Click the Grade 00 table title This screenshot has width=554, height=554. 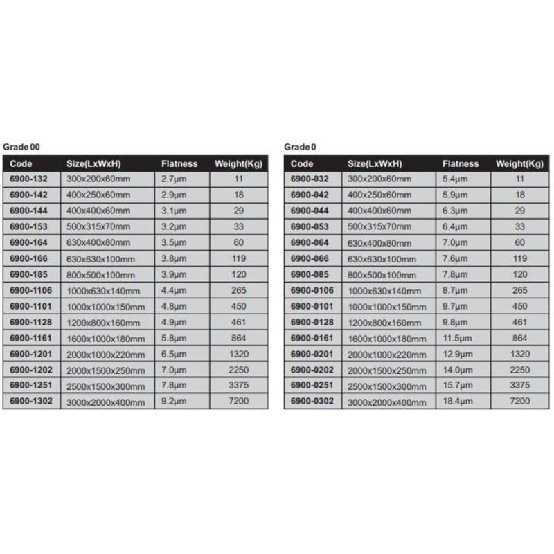[x=21, y=147]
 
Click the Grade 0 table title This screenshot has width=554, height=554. [x=300, y=147]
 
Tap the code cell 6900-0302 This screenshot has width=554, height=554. [x=312, y=402]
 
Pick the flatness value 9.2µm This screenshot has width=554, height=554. [x=174, y=402]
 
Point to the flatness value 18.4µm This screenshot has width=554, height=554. [x=457, y=402]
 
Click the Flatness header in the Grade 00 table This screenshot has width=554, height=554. [x=179, y=164]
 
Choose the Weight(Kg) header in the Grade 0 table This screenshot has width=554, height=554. [x=519, y=164]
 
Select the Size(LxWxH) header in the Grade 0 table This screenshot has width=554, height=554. [x=375, y=164]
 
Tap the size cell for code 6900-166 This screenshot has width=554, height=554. [x=100, y=258]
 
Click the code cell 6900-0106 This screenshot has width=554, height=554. [x=312, y=290]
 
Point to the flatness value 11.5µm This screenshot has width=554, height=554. [x=457, y=338]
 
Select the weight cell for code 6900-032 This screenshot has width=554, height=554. [x=520, y=179]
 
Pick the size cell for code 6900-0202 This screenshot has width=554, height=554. [x=386, y=370]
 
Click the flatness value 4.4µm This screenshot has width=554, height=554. [x=174, y=290]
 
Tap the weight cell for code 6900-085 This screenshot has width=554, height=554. [x=520, y=274]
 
